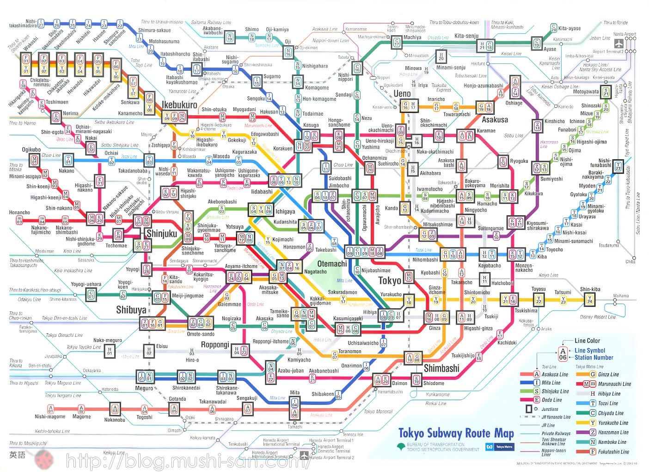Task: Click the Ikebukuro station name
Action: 179,105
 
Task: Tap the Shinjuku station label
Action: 161,234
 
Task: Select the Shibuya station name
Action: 131,310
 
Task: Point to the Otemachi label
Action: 332,264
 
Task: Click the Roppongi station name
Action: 215,345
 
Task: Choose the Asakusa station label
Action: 495,119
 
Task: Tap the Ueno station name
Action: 402,93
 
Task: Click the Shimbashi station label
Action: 441,368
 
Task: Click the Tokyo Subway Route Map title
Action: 456,434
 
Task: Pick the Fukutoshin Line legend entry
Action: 613,452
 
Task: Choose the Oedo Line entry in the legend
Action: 551,400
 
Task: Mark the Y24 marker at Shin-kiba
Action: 589,300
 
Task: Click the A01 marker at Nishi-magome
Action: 50,409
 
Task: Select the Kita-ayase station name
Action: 569,28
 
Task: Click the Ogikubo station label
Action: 31,149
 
